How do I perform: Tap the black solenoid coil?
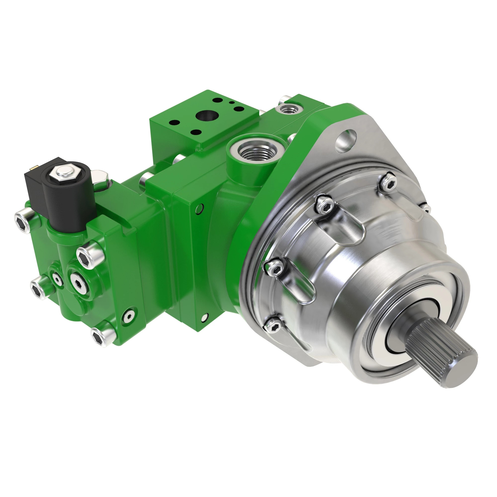tap(68, 203)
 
